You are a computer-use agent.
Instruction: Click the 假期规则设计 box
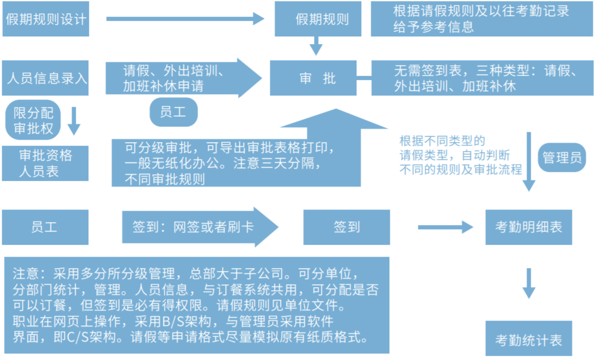click(45, 19)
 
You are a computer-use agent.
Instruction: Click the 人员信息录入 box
click(45, 78)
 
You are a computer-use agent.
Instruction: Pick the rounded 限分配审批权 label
click(33, 120)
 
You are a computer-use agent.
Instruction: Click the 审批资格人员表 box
click(45, 163)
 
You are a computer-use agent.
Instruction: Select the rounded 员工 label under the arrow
click(173, 112)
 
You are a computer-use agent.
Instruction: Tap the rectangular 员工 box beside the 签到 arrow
click(45, 227)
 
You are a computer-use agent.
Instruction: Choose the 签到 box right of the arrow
click(347, 227)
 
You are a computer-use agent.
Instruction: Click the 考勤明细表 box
click(528, 227)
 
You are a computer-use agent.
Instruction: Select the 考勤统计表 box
click(528, 340)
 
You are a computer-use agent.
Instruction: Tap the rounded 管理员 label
click(561, 158)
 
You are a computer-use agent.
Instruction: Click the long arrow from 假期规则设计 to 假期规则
click(185, 19)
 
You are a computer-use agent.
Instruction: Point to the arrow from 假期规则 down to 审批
click(316, 45)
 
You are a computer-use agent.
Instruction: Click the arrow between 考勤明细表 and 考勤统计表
click(529, 282)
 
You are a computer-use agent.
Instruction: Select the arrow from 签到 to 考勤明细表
click(445, 227)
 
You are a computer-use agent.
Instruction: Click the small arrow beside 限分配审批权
click(74, 121)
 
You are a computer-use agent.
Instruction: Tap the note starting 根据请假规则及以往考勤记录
click(481, 19)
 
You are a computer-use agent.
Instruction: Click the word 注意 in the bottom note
click(26, 274)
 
